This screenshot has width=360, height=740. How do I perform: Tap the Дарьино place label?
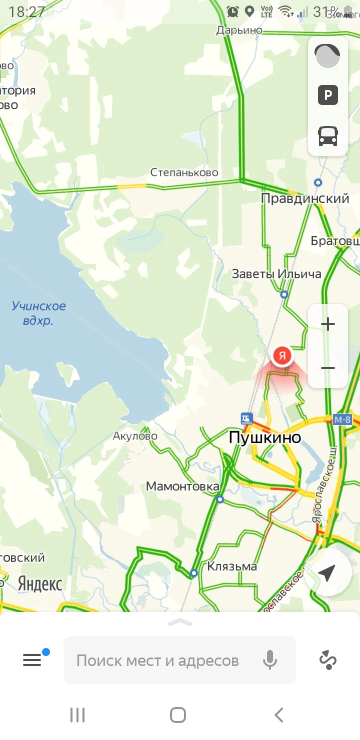(239, 30)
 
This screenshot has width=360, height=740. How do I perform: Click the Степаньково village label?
(184, 172)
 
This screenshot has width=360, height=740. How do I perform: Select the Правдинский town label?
(305, 198)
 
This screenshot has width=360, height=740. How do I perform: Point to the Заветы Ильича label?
(276, 274)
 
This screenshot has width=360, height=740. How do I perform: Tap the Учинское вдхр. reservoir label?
(38, 313)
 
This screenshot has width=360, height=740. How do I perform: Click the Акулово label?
(135, 436)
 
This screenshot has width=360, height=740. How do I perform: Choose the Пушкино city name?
(265, 437)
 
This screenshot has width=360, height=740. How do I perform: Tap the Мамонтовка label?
(182, 486)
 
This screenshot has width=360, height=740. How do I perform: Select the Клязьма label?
(232, 566)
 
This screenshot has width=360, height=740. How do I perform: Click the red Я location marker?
(282, 356)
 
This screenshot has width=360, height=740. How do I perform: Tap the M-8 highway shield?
(342, 419)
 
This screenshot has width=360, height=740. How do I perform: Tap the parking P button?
(328, 95)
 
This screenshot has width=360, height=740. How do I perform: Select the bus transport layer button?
(328, 135)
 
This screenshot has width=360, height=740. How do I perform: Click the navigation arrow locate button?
(327, 573)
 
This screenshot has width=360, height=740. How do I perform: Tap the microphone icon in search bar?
(269, 660)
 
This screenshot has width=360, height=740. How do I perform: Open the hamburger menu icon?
(32, 660)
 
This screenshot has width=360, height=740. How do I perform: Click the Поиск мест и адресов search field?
(157, 660)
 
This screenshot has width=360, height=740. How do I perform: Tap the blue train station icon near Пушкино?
(246, 417)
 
